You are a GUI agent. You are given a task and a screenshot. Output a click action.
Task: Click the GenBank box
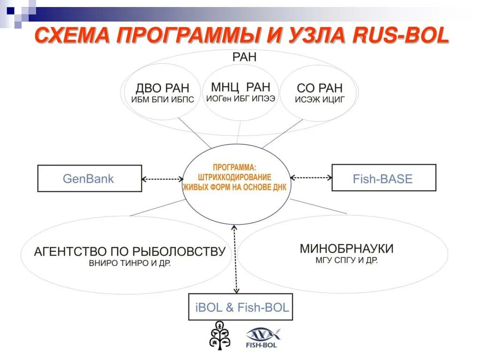point(89,178)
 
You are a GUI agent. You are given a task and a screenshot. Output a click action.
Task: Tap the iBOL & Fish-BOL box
point(240,307)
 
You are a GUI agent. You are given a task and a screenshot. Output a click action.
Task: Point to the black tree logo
point(219,335)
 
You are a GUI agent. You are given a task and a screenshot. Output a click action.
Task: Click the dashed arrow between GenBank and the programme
point(162,179)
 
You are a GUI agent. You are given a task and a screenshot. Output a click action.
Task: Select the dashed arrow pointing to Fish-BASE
point(311,178)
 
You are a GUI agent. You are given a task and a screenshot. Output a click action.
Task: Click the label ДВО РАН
point(163,88)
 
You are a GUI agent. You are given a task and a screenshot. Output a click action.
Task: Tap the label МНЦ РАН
point(240,87)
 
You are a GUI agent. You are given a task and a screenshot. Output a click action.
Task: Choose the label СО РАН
point(320,88)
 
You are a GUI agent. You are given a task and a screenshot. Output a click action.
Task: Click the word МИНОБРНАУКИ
point(346,248)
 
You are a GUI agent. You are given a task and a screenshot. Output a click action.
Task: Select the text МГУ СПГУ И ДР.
point(346,261)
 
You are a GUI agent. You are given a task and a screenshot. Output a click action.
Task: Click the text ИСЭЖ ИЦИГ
point(320,99)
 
